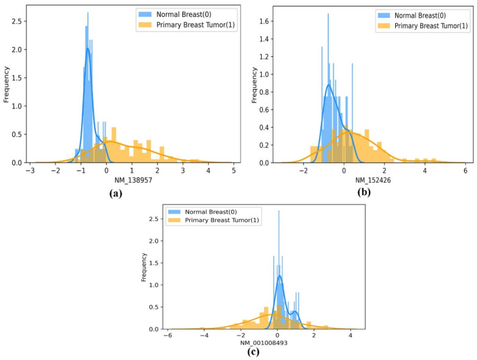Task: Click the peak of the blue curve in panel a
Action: click(x=88, y=49)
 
